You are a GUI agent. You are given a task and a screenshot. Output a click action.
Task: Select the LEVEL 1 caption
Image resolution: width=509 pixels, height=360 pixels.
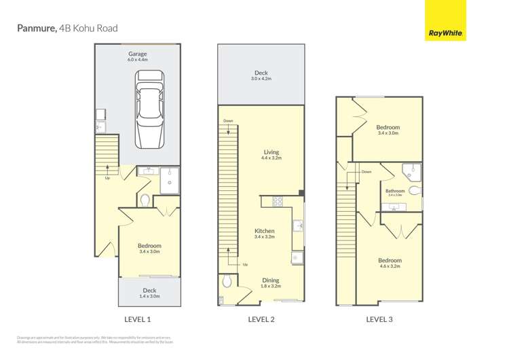[x=138, y=319]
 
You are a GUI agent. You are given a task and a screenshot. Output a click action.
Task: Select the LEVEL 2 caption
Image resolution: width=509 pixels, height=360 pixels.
[x=261, y=319]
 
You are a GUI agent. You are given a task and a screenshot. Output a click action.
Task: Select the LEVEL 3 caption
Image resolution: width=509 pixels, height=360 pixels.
[x=379, y=319]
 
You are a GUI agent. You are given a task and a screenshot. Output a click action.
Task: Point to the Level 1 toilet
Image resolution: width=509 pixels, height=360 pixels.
[x=145, y=200]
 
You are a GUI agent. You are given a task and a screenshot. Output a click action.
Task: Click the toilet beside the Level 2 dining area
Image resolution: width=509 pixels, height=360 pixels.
[x=227, y=281]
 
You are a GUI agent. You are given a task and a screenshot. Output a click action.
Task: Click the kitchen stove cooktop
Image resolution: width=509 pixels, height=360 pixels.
[x=278, y=201]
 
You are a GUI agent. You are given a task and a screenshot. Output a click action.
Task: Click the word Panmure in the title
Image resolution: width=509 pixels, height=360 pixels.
[x=36, y=29]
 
